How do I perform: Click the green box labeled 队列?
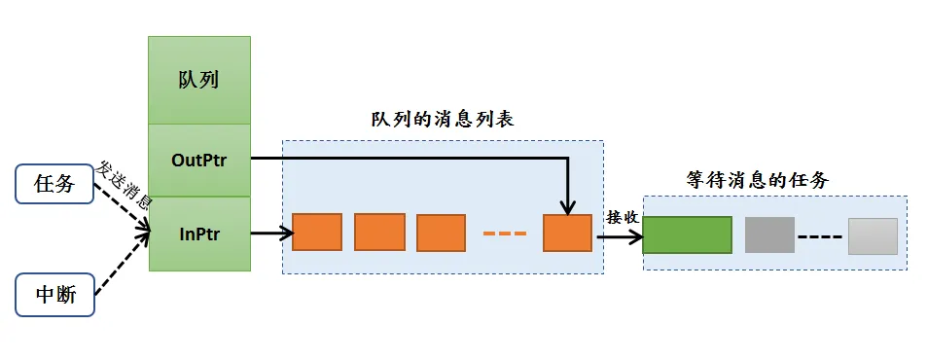[x=198, y=80]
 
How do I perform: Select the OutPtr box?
[x=198, y=160]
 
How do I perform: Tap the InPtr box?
[x=198, y=234]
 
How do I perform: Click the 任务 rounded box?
[x=54, y=183]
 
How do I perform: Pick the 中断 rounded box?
[x=54, y=295]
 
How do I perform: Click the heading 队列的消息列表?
[x=442, y=120]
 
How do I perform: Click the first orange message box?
[x=317, y=233]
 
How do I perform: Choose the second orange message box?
[x=379, y=233]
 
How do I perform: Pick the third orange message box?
[x=442, y=233]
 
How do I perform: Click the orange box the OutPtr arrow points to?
[x=567, y=233]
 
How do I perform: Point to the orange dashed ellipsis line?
[x=504, y=234]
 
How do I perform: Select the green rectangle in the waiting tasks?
[x=687, y=235]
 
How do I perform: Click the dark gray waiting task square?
[x=770, y=235]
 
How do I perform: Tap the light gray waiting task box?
[x=873, y=235]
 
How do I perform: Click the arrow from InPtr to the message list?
[x=271, y=234]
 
